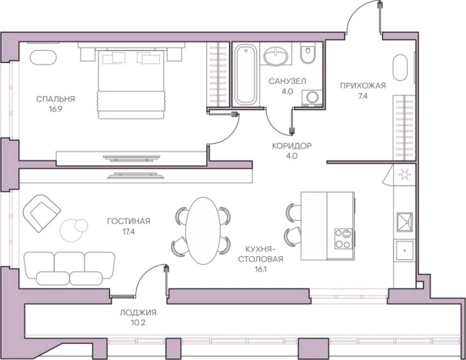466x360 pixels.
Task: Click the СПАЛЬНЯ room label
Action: click(55, 99)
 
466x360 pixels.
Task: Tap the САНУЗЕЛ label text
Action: click(288, 82)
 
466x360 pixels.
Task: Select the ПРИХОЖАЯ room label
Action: click(363, 86)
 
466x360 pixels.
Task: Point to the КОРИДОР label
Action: click(292, 146)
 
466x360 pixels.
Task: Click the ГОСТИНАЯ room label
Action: click(128, 222)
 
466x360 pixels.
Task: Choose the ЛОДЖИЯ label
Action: click(138, 313)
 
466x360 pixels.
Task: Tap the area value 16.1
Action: click(261, 269)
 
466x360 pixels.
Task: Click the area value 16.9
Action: click(55, 109)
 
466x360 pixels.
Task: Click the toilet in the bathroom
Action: click(308, 53)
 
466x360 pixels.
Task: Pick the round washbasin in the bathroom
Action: click(276, 56)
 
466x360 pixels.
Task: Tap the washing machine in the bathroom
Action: click(312, 98)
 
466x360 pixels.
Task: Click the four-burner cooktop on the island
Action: click(344, 238)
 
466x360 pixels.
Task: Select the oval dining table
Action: click(203, 231)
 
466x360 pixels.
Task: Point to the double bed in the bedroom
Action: click(131, 84)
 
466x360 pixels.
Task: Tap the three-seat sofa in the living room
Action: click(69, 268)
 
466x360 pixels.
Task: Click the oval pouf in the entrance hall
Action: click(400, 67)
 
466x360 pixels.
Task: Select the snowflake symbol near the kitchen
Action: click(404, 175)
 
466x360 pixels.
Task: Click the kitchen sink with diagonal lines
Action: click(404, 222)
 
